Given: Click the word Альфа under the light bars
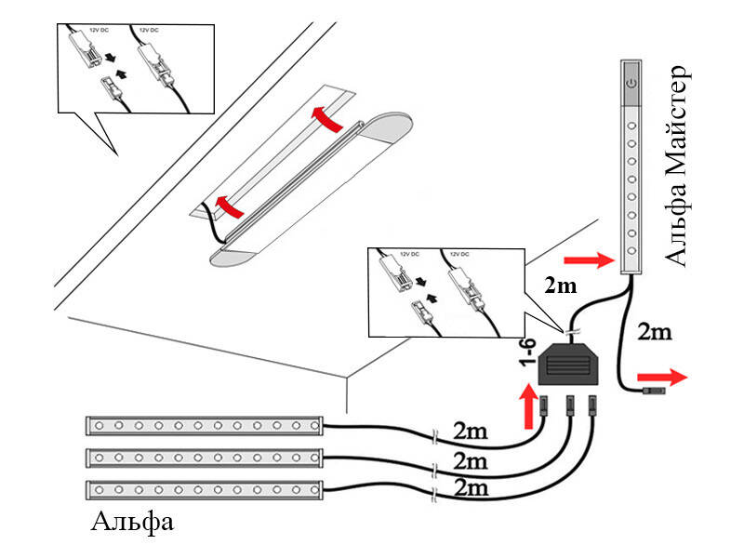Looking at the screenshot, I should point(132,522).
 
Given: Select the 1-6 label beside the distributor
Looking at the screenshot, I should point(528,358).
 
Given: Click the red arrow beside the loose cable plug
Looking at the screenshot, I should point(669,377).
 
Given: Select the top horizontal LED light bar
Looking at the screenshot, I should point(205,426).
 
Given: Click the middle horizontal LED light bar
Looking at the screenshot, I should point(205,458).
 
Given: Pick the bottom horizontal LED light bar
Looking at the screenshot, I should point(205,489).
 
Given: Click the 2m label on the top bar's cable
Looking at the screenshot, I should point(470,431).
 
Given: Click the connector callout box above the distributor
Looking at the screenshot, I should point(446,290).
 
